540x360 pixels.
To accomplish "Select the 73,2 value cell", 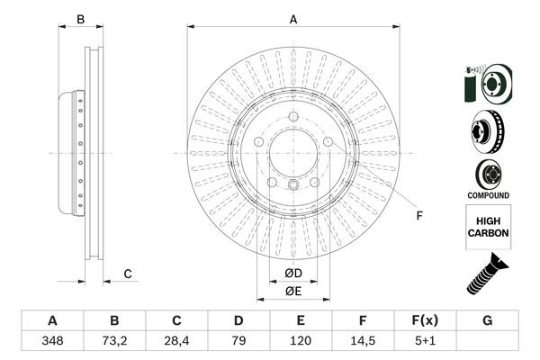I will (x=114, y=342).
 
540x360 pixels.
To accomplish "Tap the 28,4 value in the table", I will (x=176, y=342).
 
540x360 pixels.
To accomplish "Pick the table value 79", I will (x=238, y=342).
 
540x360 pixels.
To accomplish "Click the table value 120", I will (x=301, y=342).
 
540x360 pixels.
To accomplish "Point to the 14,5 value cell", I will (x=362, y=342).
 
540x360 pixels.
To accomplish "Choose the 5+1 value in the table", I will (x=424, y=342).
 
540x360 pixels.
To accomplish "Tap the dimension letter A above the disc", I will (x=293, y=18).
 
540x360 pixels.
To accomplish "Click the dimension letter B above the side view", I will (x=80, y=19).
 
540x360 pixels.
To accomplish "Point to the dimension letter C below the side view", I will (x=128, y=274).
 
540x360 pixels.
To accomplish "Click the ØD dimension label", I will (x=293, y=273).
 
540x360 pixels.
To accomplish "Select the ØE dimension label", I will (x=293, y=291).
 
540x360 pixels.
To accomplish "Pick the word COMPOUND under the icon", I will (x=489, y=194).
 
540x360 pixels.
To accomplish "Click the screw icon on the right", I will (x=487, y=274).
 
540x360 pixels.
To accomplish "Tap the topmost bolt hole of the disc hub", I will (x=293, y=115).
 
